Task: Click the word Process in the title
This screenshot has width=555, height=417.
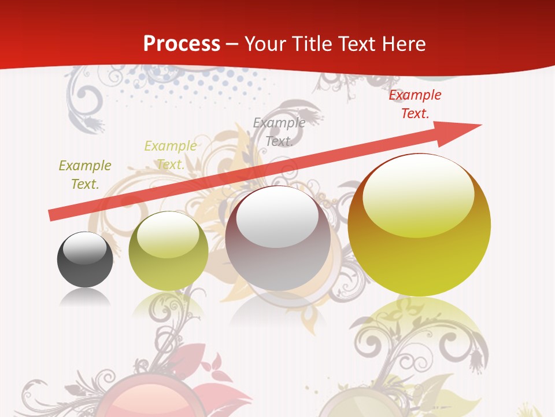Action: click(182, 43)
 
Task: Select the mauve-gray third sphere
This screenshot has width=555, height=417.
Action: click(277, 238)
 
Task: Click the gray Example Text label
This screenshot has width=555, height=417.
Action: click(279, 131)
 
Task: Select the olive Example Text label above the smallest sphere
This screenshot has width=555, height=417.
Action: click(85, 174)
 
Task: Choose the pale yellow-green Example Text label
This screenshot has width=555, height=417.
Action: click(171, 155)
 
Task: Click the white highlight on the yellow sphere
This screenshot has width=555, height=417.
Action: click(419, 194)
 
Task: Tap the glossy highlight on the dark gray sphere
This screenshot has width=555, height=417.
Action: click(85, 248)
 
